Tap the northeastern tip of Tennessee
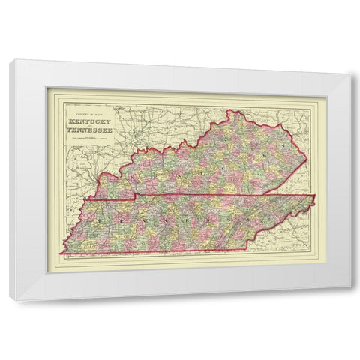(x=315, y=196)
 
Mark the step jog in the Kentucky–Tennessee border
(x=135, y=199)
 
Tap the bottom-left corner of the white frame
(x=10, y=300)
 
